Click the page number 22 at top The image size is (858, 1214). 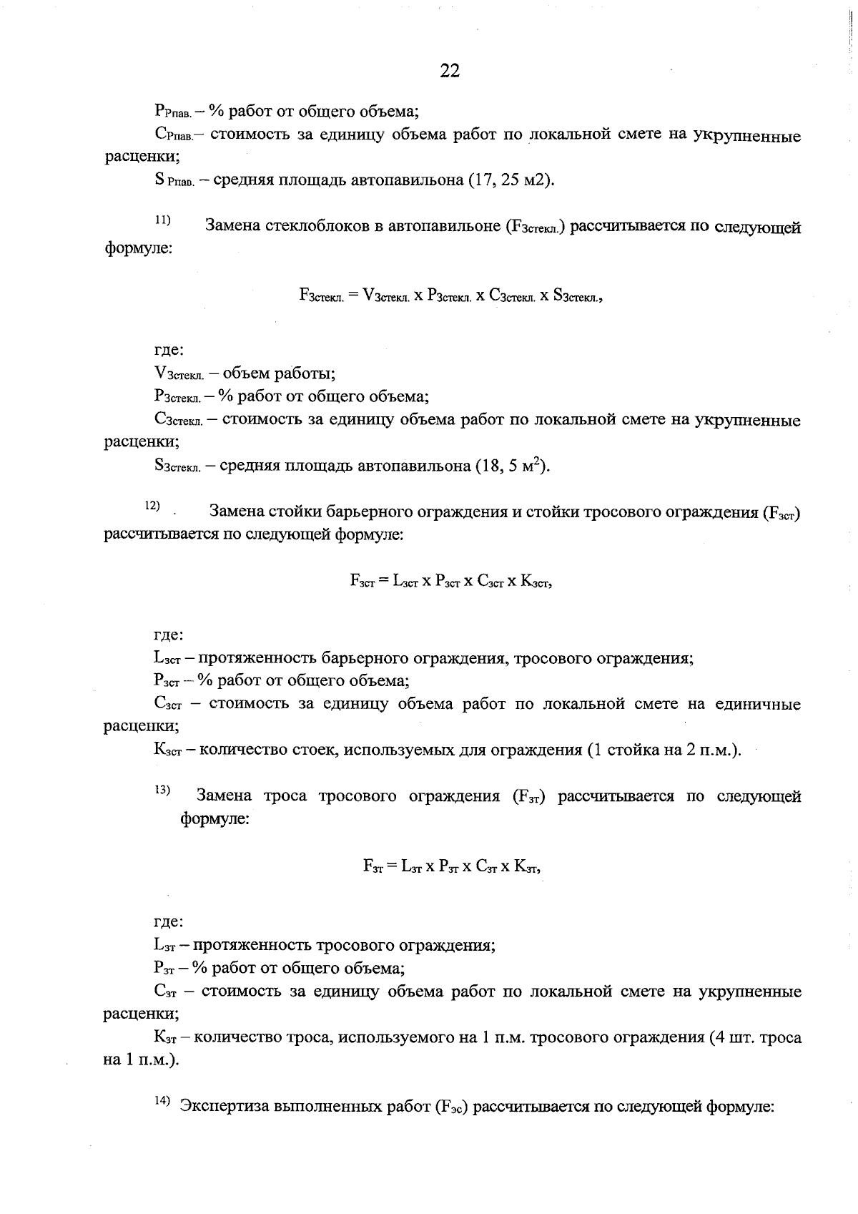tap(450, 70)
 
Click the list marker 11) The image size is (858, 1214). tap(162, 220)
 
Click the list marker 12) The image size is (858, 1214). tap(152, 506)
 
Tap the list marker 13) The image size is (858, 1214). tap(162, 790)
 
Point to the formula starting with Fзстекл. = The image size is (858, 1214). tap(451, 296)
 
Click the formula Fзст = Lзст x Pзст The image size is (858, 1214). tap(452, 582)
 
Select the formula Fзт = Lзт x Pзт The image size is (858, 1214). tap(452, 866)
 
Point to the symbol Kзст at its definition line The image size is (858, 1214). tap(168, 750)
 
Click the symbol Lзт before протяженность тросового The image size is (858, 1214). tap(167, 946)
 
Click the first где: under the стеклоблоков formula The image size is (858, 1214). tap(169, 351)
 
